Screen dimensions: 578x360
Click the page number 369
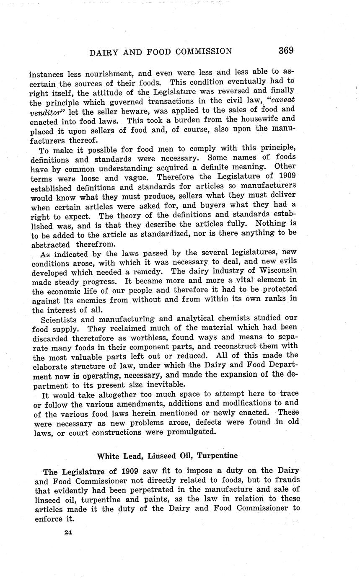tap(285, 51)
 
